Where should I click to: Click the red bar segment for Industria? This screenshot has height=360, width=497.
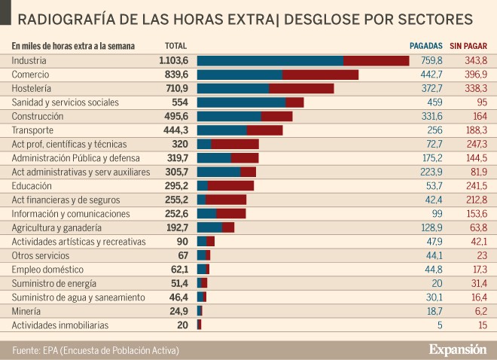tap(376, 61)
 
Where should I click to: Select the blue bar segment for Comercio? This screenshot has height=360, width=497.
tap(239, 75)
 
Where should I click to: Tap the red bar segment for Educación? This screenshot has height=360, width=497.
tap(230, 186)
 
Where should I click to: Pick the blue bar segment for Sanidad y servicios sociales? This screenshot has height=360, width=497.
tap(241, 102)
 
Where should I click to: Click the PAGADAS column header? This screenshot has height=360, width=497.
tap(425, 46)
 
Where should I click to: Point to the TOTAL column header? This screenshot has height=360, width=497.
tap(175, 46)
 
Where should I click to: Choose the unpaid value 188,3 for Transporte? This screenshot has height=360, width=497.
tap(474, 130)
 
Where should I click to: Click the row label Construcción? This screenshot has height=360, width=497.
tap(38, 117)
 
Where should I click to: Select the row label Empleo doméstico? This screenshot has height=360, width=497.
tap(47, 270)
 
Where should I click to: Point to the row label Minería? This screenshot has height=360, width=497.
tap(27, 311)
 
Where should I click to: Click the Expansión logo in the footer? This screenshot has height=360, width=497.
tap(458, 350)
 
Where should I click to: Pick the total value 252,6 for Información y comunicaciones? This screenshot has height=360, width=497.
tap(175, 214)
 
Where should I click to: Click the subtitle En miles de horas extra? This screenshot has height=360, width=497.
tap(73, 46)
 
